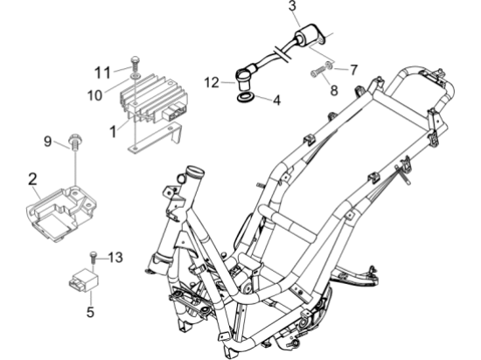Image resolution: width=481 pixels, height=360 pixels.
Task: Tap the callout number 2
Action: click(32, 182)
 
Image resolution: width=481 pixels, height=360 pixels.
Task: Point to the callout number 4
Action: click(275, 101)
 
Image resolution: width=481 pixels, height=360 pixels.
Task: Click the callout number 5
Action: click(89, 308)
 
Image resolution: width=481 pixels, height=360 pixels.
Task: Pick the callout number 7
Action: click(353, 67)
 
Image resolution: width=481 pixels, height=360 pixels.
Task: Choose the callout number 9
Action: click(49, 140)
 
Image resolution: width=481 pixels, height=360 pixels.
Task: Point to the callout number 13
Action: click(115, 257)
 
